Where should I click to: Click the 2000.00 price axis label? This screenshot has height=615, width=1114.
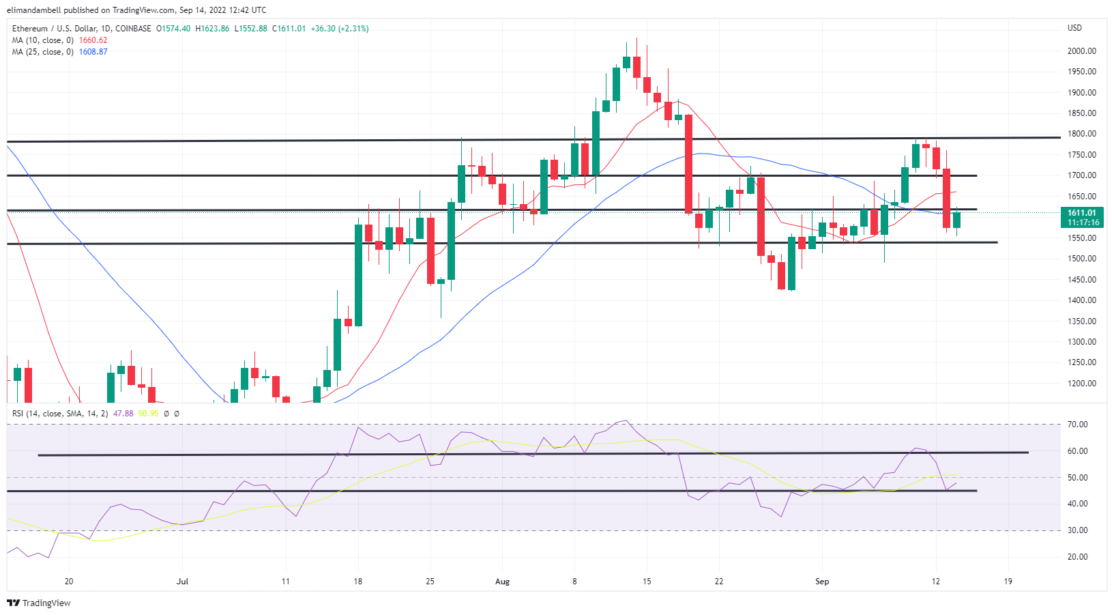pos(1081,51)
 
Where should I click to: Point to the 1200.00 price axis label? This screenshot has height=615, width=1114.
pos(1081,384)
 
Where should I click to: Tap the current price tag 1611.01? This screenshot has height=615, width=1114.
pos(1082,213)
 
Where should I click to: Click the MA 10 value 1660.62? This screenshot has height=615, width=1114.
pos(93,40)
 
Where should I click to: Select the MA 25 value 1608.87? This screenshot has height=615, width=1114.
pos(93,52)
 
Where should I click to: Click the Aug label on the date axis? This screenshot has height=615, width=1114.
pos(502,582)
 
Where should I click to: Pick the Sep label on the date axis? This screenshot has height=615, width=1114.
pos(822,582)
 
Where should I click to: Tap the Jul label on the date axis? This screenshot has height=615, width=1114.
pos(182,582)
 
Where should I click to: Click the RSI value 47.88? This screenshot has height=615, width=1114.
pos(123,414)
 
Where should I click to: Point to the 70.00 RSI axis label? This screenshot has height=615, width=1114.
pos(1078,425)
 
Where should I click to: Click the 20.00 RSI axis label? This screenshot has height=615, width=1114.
pos(1078,557)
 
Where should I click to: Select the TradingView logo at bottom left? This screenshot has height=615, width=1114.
pos(39,603)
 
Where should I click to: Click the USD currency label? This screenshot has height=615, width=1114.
pos(1074,28)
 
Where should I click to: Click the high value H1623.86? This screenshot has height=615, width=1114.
pos(212,29)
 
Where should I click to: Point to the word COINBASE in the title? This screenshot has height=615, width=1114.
pos(134,29)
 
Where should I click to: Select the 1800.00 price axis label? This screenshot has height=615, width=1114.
pos(1081,134)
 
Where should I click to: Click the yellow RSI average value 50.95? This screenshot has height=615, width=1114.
pos(148,414)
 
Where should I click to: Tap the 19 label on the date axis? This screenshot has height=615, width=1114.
pos(1008,582)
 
